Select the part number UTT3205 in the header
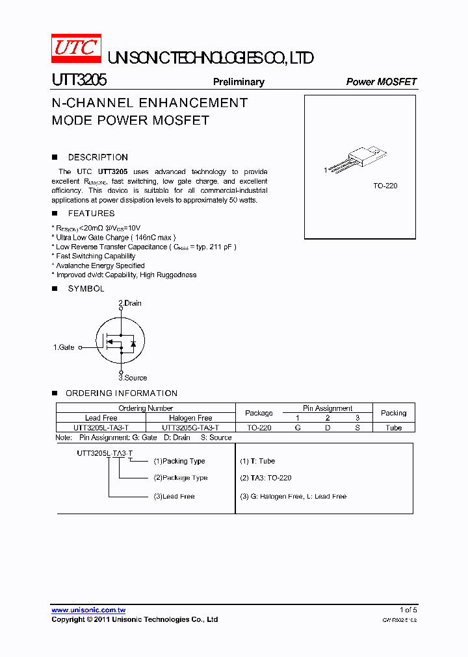coord(79,81)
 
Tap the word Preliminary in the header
coord(239,82)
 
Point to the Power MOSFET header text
coord(381,82)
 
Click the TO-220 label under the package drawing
coord(385,186)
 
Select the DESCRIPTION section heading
coord(97,157)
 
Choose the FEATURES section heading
coord(91,213)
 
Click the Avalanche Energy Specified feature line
coord(100,266)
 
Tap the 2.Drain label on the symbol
coord(130,303)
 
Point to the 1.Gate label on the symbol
coord(64,347)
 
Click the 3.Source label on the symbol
coord(133,378)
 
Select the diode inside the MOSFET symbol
coord(133,343)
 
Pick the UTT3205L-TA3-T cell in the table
coord(101,428)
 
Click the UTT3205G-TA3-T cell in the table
coord(190,428)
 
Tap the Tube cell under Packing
coord(393,428)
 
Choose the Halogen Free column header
coord(190,418)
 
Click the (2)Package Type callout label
coord(181,478)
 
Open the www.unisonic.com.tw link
coord(88,610)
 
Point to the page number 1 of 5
coord(407,610)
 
